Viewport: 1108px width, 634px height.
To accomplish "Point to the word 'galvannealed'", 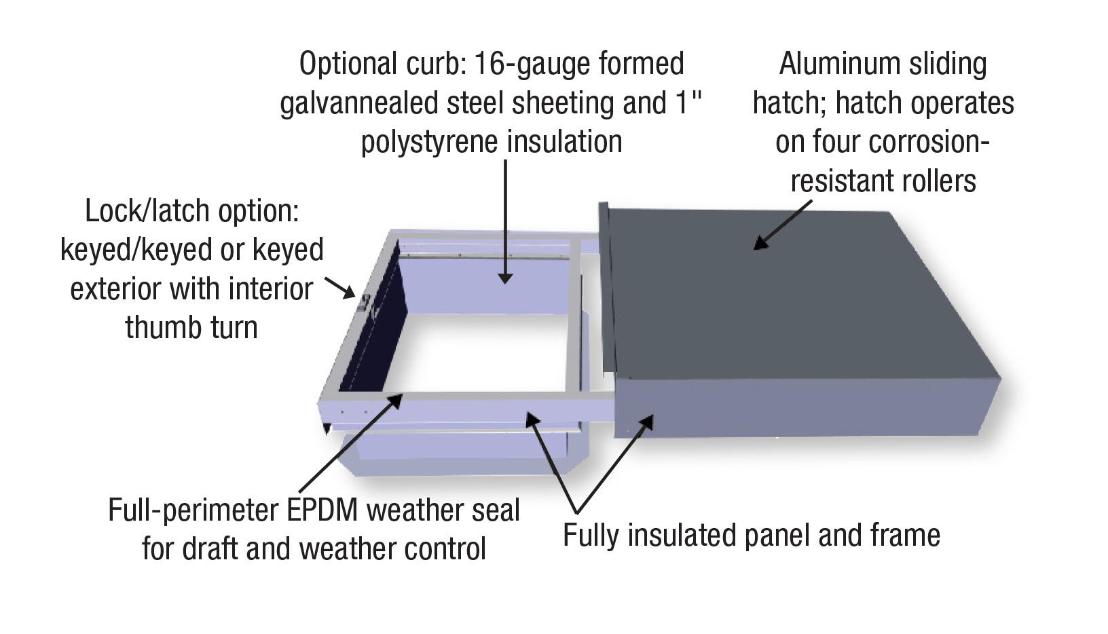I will click(x=358, y=104).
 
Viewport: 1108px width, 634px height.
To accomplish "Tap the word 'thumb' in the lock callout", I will click(x=157, y=329).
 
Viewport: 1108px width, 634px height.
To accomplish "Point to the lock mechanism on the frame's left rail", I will click(x=365, y=303).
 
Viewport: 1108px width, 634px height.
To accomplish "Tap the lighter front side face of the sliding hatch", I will click(x=801, y=407).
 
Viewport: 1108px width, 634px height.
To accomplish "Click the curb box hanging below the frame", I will click(x=462, y=451).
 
